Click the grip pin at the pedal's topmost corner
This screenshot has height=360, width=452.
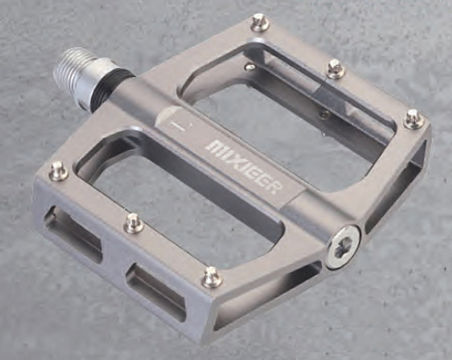coord(259,22)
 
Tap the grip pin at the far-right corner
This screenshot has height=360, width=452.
coord(413,118)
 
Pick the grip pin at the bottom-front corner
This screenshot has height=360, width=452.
coord(212,276)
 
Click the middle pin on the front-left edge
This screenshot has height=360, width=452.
coord(134,222)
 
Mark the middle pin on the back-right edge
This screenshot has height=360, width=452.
coord(335,68)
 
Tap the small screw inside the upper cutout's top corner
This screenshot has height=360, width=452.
coord(250,66)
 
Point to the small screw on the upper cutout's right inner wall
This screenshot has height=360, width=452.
coord(323,113)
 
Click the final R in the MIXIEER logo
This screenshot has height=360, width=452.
coord(275,185)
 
